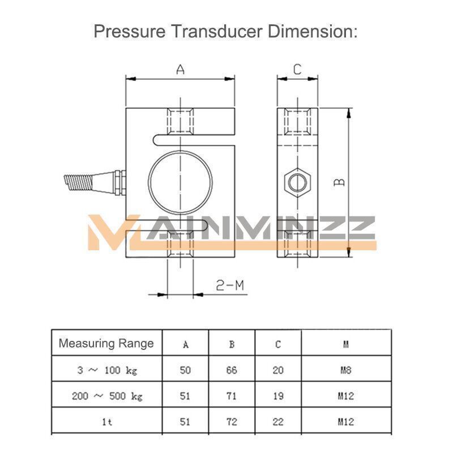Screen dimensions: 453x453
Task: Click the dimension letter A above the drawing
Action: [180, 70]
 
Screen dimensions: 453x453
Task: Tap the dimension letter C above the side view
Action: [297, 70]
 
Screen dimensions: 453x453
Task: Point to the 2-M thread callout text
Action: [230, 285]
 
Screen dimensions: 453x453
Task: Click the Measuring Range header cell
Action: [106, 343]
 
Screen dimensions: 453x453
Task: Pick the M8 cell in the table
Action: [346, 370]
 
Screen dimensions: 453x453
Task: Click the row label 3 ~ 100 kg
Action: [106, 370]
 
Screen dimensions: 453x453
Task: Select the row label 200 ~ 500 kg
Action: [106, 396]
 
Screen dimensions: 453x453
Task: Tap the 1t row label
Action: [106, 422]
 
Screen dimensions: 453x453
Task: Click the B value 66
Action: [232, 370]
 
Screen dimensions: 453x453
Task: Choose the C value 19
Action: [278, 396]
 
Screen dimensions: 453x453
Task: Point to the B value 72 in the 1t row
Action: [232, 422]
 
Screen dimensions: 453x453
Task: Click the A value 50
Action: [186, 370]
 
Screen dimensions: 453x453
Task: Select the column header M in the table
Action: [346, 344]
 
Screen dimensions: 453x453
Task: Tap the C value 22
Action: [278, 422]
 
